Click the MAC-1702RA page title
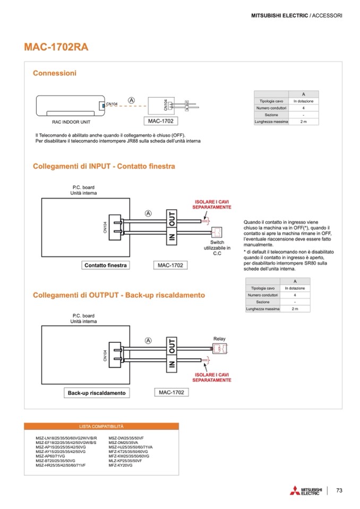(x=56, y=47)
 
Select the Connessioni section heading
(x=55, y=73)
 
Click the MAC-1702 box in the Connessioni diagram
(x=161, y=121)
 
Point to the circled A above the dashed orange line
(x=131, y=100)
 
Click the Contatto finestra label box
(x=107, y=264)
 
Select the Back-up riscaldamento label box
(x=97, y=393)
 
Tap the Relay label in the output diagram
(x=219, y=338)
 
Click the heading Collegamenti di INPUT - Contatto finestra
(x=104, y=166)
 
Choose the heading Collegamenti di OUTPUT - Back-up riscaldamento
(x=119, y=295)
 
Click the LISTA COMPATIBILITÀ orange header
(x=101, y=426)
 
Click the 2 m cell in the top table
(x=303, y=122)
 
